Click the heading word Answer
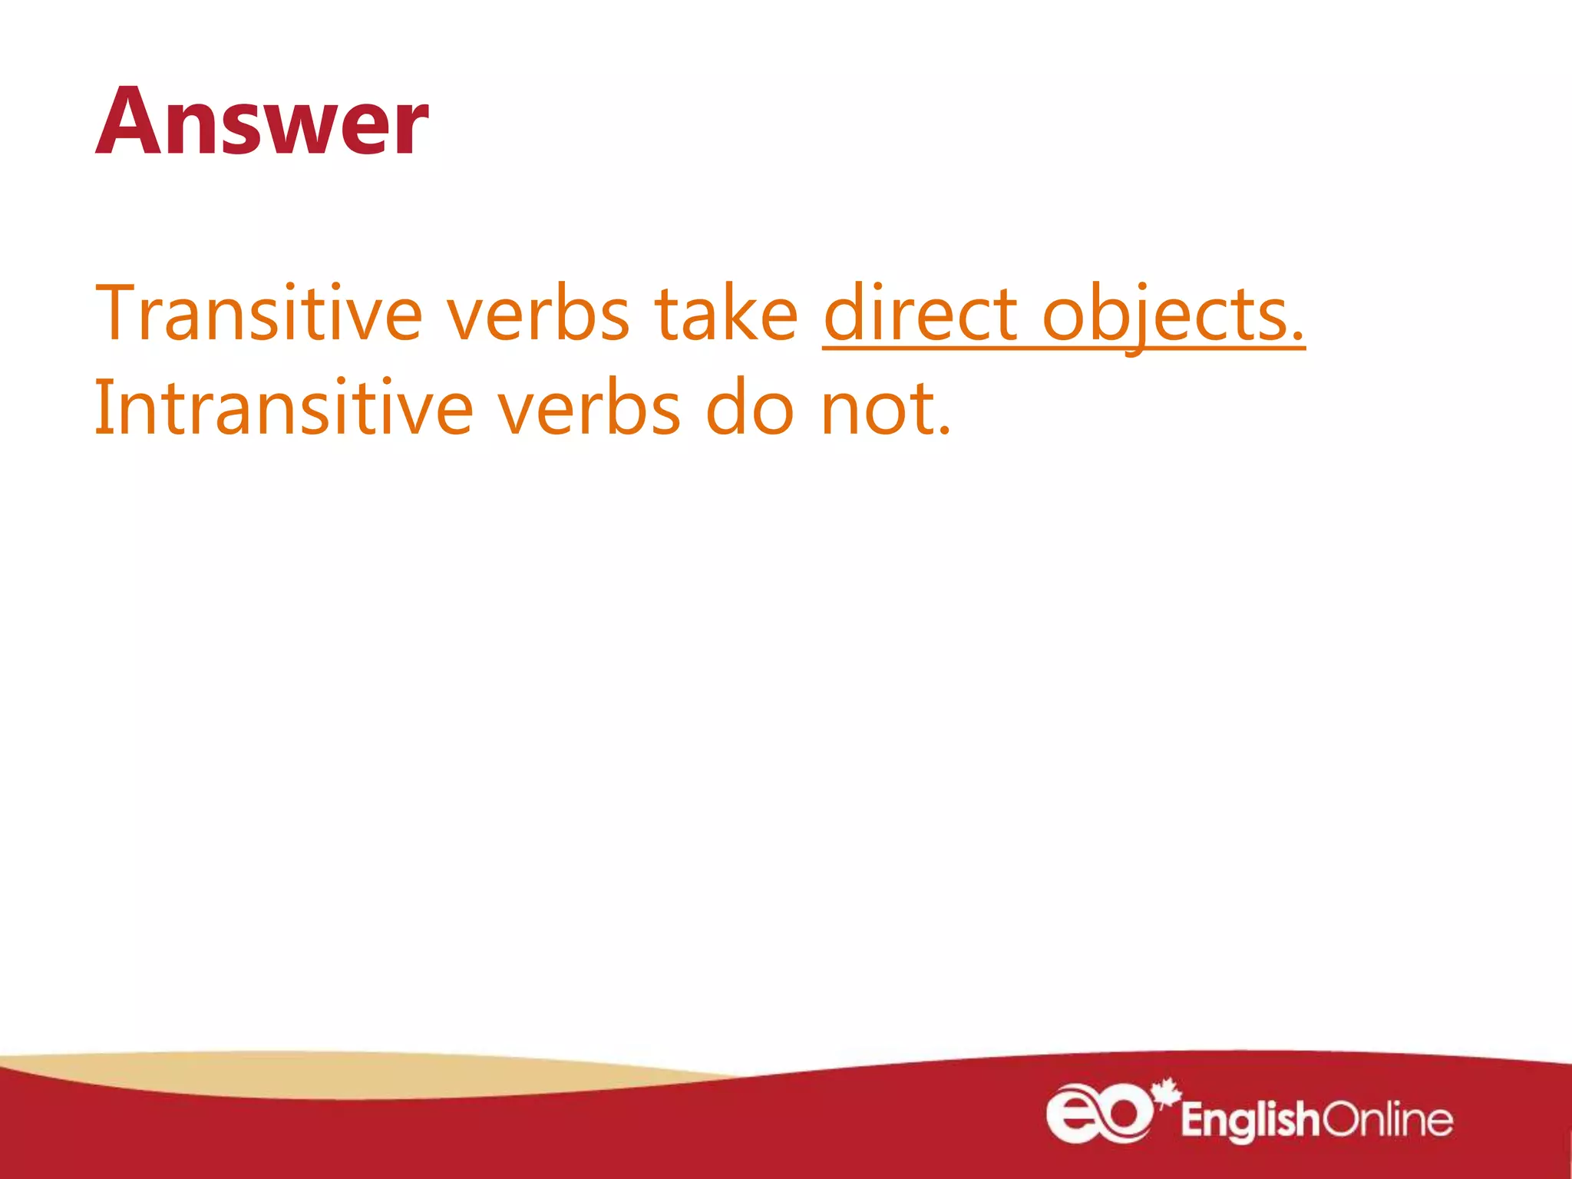pos(261,123)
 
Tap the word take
pos(726,313)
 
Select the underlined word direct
pos(920,313)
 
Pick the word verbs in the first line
pos(538,313)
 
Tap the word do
pos(749,408)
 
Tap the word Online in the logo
pos(1386,1120)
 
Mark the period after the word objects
pos(1297,336)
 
